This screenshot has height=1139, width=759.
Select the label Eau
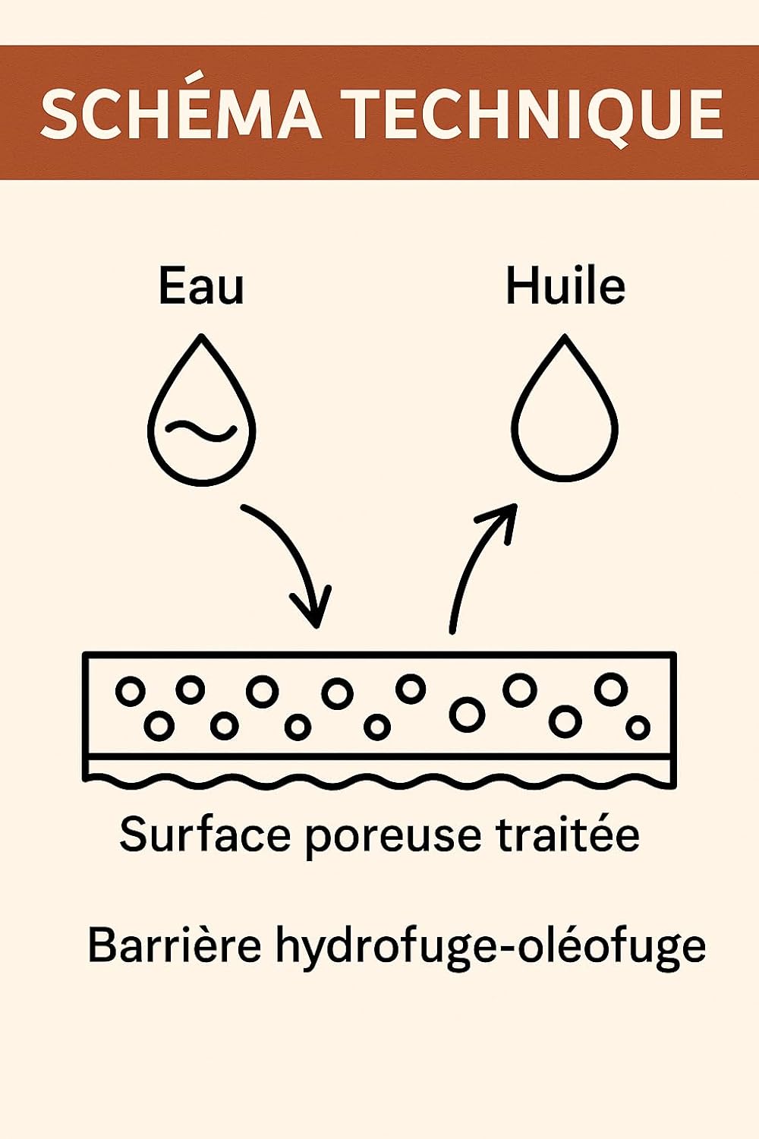[x=201, y=286]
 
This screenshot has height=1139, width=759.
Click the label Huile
[x=565, y=286]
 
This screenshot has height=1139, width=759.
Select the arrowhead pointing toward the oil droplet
[x=500, y=521]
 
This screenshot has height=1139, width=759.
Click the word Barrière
[x=175, y=944]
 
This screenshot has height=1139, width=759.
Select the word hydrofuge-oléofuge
[x=490, y=948]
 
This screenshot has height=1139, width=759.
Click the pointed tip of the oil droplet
[x=565, y=336]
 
